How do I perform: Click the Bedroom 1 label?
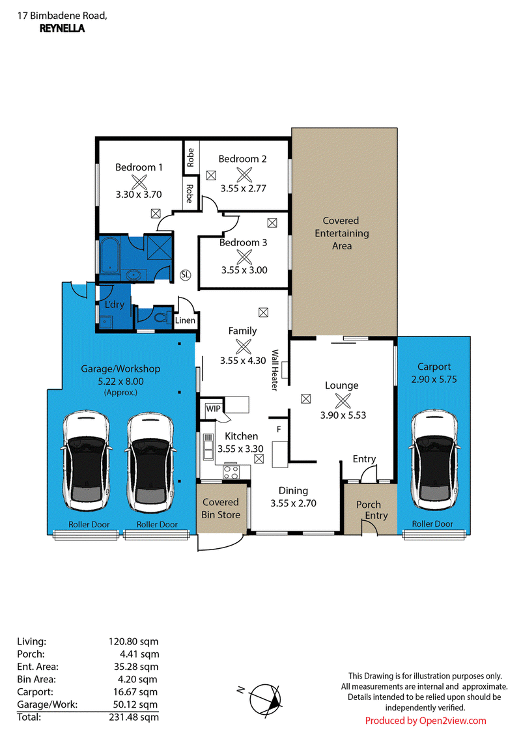tap(139, 167)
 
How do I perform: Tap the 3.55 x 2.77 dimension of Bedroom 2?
tap(244, 188)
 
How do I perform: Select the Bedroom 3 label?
tap(243, 243)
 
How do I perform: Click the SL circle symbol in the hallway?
tap(185, 275)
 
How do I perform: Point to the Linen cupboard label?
tap(185, 320)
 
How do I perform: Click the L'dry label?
tap(114, 305)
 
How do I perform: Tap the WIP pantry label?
tap(213, 409)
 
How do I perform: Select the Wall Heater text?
tap(275, 370)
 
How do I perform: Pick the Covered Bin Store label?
tap(221, 508)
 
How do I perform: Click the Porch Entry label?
tap(372, 510)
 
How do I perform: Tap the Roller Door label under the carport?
tap(432, 523)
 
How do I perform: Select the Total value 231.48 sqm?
tap(134, 717)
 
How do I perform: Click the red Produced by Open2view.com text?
tap(425, 721)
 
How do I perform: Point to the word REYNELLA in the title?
tap(62, 28)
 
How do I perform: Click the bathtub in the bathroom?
tap(109, 255)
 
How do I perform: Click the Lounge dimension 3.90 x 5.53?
tap(343, 415)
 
